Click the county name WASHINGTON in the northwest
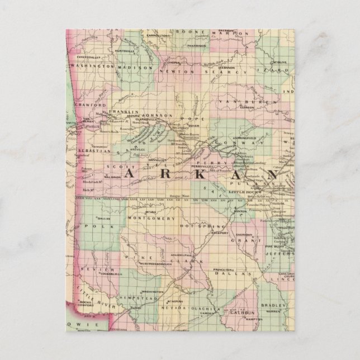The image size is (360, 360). [91, 67]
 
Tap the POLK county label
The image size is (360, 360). [93, 226]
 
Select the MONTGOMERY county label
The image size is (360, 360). [147, 217]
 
